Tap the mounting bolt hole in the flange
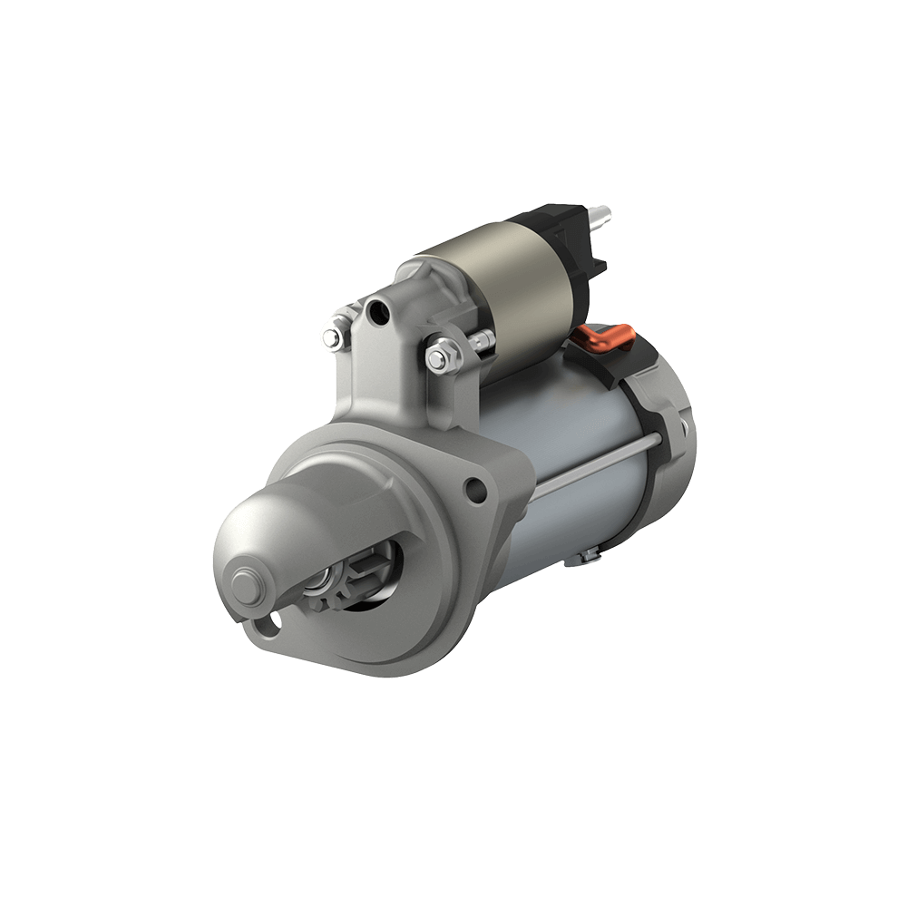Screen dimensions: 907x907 [474, 491]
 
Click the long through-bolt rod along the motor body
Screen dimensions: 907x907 [599, 463]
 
